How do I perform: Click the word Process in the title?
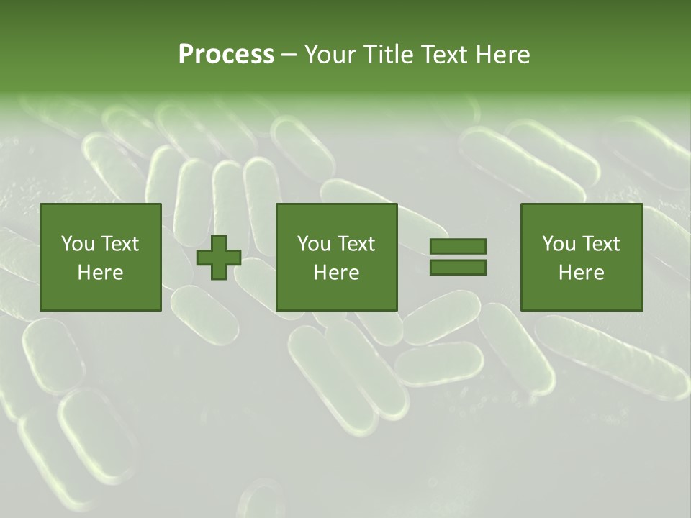(x=226, y=55)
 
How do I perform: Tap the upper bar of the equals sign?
(x=458, y=246)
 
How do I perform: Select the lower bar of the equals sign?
(x=458, y=268)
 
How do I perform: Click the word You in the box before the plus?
(x=78, y=244)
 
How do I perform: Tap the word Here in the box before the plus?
(x=101, y=273)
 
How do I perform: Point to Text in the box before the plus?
(x=119, y=244)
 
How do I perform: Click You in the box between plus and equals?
(x=314, y=244)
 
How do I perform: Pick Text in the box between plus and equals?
(x=356, y=244)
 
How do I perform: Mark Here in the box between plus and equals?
(x=337, y=273)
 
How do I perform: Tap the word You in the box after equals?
(x=559, y=244)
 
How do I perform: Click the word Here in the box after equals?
(x=582, y=273)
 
